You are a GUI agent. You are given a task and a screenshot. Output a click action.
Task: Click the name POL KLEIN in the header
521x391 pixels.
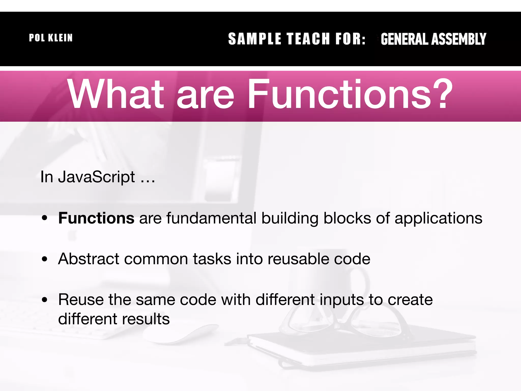click(x=51, y=38)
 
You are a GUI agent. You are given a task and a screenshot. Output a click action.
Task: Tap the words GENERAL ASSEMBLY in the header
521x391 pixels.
click(x=433, y=39)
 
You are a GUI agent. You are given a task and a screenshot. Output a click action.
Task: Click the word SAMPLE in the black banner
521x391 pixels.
click(x=254, y=39)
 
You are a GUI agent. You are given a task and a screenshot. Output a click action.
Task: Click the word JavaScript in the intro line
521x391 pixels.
click(x=96, y=177)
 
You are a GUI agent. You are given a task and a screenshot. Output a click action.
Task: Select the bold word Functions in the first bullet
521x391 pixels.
click(x=96, y=218)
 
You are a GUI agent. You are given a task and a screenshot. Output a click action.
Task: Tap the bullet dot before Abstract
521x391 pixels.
click(x=45, y=259)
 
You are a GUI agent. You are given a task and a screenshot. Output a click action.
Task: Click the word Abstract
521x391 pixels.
click(x=89, y=259)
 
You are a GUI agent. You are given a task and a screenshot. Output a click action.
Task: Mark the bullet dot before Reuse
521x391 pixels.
click(x=45, y=300)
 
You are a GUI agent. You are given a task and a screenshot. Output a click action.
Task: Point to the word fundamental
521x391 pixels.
click(x=211, y=218)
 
